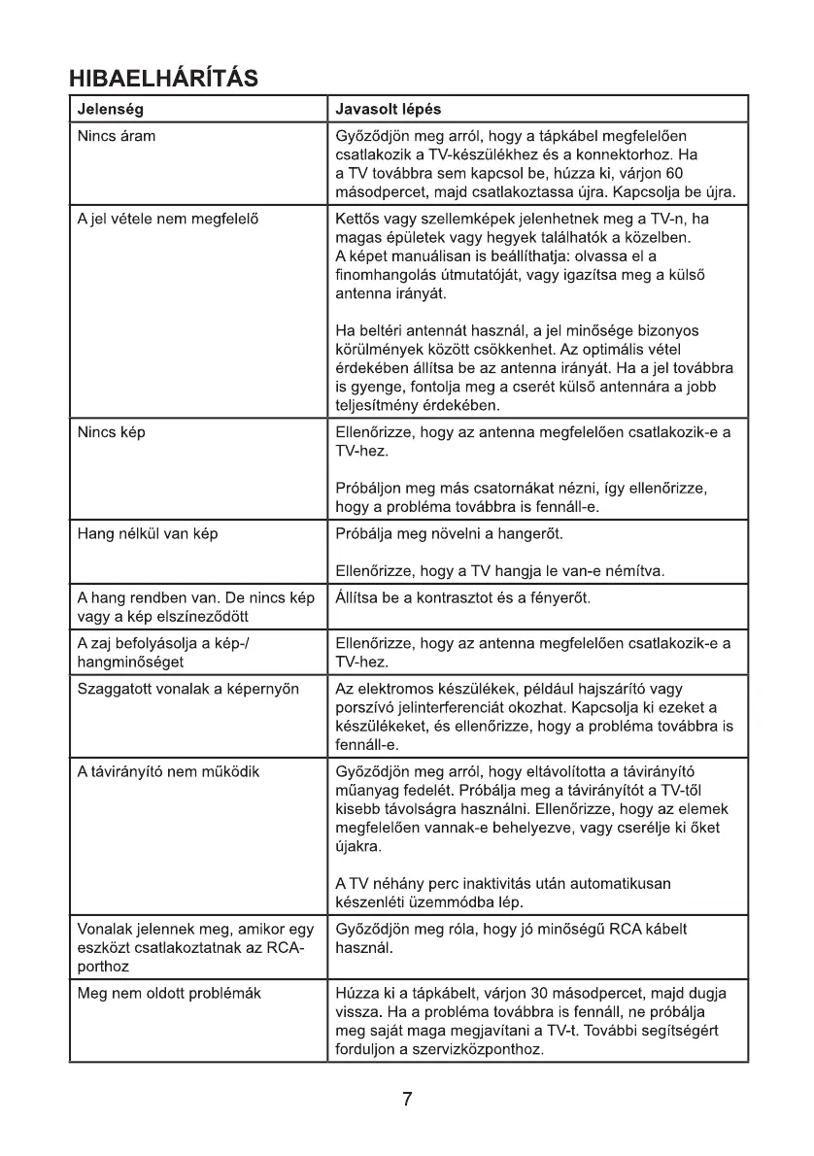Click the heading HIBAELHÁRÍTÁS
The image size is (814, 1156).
coord(162,78)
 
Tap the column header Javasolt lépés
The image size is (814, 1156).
coord(387,109)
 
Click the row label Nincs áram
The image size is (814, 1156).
coord(116,137)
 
